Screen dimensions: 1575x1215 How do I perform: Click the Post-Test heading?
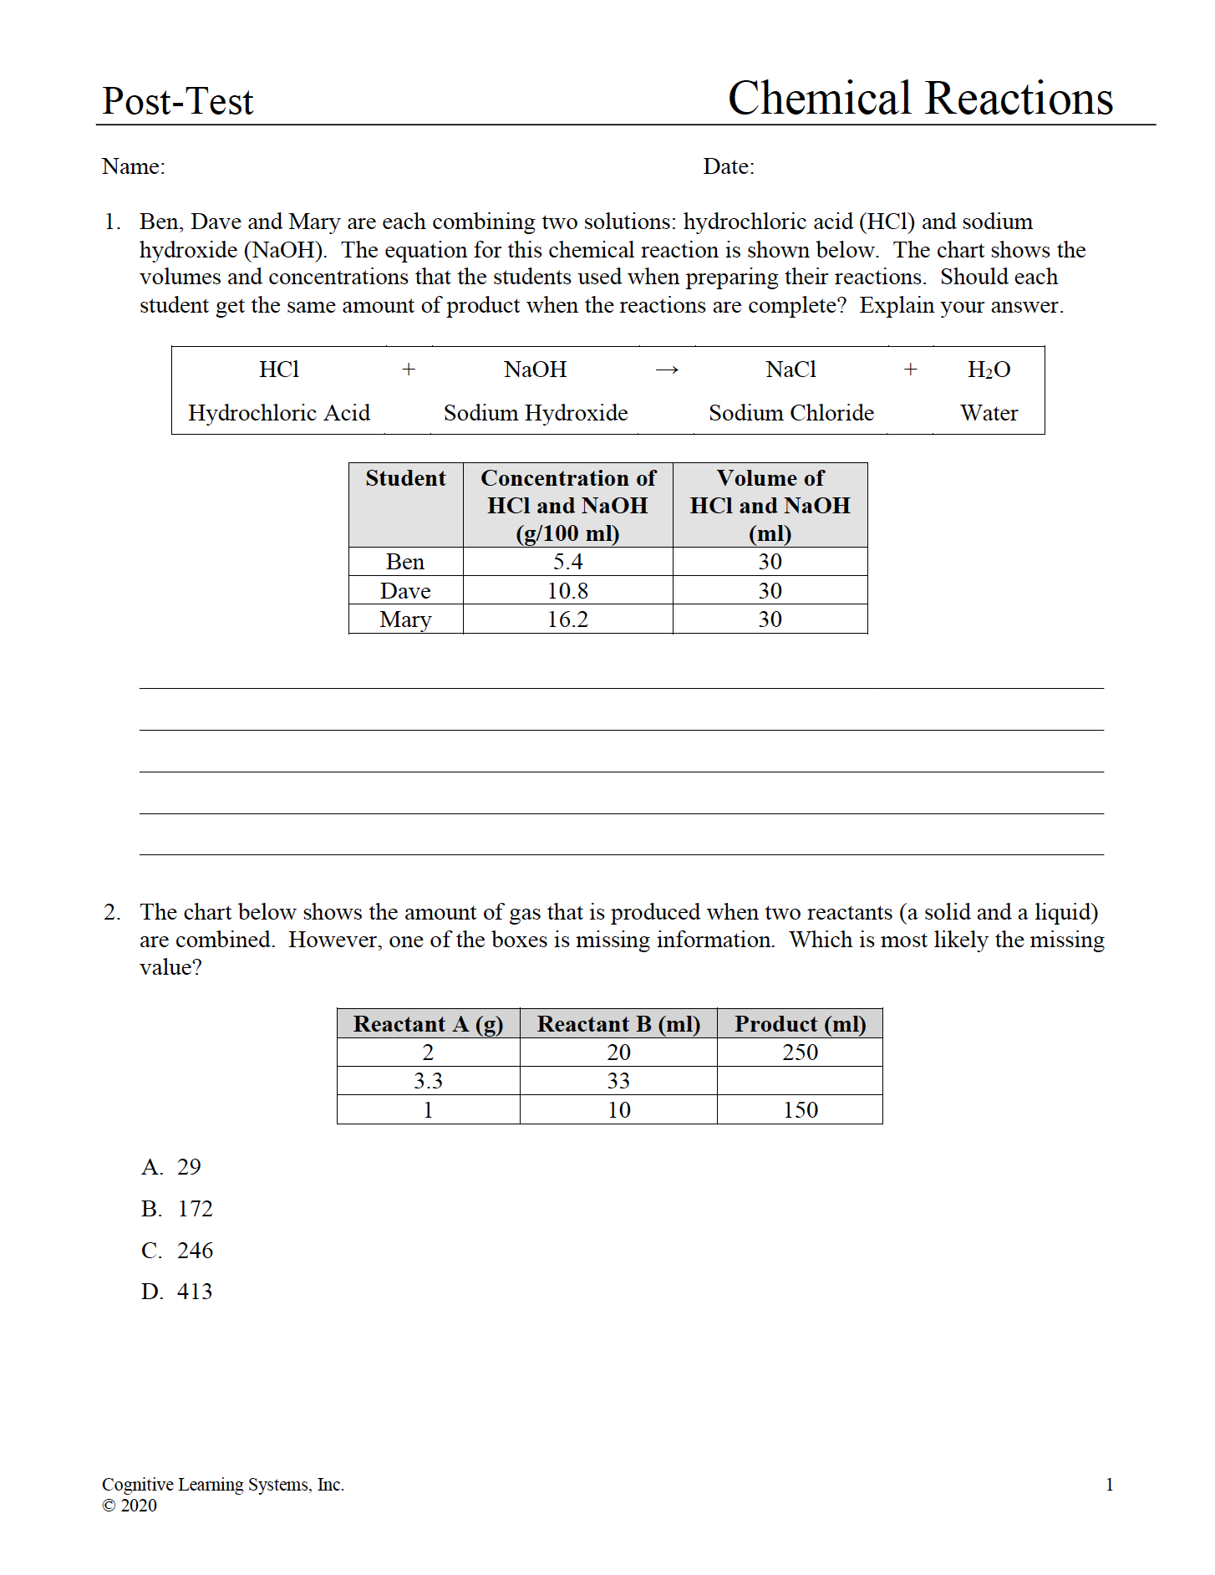[177, 101]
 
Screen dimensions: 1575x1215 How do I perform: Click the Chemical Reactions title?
[920, 99]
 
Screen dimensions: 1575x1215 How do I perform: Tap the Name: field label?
[134, 166]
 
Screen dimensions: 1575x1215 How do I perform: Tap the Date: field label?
[729, 166]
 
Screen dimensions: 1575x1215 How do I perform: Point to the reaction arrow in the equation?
[667, 370]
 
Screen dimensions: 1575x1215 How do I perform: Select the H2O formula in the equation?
[989, 370]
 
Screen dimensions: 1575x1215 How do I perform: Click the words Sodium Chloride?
[791, 413]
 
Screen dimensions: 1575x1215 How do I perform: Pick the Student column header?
[405, 478]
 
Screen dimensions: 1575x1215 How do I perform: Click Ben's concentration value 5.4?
[568, 562]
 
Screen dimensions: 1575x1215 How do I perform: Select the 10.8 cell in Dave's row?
[568, 591]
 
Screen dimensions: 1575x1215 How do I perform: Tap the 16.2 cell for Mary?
[568, 619]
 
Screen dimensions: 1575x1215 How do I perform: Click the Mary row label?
[405, 619]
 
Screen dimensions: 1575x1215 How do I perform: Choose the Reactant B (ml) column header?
[618, 1024]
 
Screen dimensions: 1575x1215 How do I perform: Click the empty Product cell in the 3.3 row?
[800, 1081]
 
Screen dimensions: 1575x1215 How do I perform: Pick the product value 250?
[800, 1053]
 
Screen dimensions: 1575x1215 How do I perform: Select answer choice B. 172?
[177, 1209]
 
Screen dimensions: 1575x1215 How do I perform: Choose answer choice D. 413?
[177, 1292]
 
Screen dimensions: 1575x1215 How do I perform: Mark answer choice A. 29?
[171, 1167]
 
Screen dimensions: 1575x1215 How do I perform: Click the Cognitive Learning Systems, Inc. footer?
[223, 1485]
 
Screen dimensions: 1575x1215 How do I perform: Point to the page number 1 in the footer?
[1109, 1485]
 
